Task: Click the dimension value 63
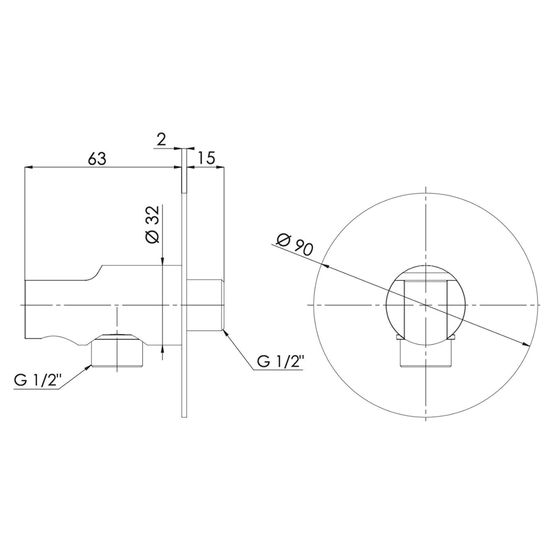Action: click(x=97, y=159)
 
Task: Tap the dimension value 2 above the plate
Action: click(x=161, y=140)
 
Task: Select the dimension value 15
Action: click(x=206, y=158)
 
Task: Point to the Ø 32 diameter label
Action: click(x=153, y=225)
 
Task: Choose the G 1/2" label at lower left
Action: click(x=38, y=380)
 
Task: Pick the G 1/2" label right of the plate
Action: click(x=281, y=361)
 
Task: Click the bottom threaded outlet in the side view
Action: click(x=117, y=351)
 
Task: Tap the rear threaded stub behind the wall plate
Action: click(x=205, y=305)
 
